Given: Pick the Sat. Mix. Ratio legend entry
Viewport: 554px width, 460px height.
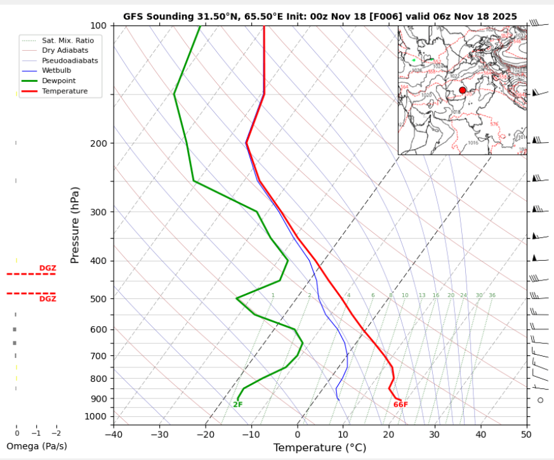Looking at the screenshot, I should click(63, 40).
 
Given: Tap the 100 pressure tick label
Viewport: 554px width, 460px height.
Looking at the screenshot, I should click(98, 26).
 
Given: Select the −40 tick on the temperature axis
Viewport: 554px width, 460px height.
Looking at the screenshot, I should click(114, 435).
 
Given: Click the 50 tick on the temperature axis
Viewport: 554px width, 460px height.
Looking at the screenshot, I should click(526, 435).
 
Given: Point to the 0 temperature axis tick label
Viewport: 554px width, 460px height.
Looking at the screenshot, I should click(297, 435).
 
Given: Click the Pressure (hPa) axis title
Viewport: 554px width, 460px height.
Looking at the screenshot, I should click(76, 225).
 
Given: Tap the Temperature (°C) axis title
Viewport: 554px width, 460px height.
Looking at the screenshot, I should click(320, 448).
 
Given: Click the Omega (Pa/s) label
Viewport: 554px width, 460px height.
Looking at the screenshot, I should click(36, 446).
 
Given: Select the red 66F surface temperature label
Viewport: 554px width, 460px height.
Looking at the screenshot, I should click(400, 405).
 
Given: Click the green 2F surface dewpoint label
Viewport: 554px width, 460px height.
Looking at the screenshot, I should click(238, 405).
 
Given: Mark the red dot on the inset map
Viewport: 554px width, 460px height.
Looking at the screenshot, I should click(462, 90).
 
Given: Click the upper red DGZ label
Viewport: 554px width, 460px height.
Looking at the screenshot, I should click(48, 268).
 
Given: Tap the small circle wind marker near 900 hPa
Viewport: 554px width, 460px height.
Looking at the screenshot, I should click(540, 400).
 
